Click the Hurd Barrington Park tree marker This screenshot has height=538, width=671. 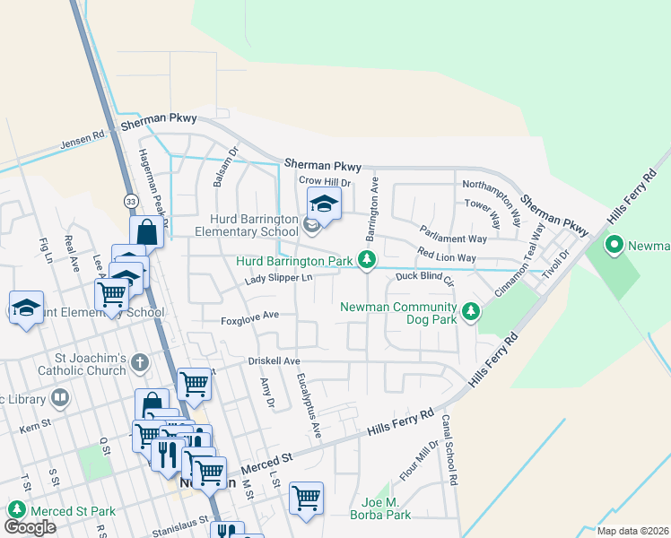pos(366,260)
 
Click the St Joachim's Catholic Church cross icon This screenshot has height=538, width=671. pos(138,363)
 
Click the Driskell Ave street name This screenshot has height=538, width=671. pos(274,360)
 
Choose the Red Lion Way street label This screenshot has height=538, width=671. pos(446,257)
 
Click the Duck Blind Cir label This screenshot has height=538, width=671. pos(426,277)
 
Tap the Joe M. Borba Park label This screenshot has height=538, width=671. pos(386,508)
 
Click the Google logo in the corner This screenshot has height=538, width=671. pos(30,527)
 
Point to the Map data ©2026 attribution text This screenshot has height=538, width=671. pos(632,531)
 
